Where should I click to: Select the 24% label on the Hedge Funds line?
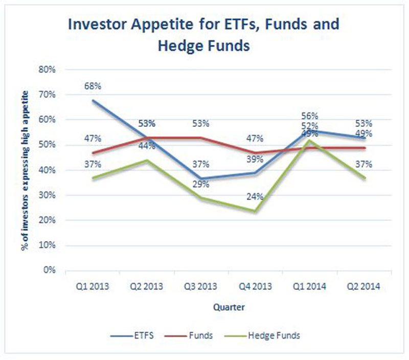(x=255, y=196)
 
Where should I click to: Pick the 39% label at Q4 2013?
(x=255, y=160)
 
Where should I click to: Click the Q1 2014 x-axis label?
(x=310, y=287)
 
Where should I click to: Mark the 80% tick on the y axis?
(x=49, y=70)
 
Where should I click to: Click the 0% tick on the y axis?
(x=51, y=270)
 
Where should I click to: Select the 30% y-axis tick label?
(x=49, y=195)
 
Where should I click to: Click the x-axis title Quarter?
(x=228, y=308)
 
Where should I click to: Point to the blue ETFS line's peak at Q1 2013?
(x=93, y=100)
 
